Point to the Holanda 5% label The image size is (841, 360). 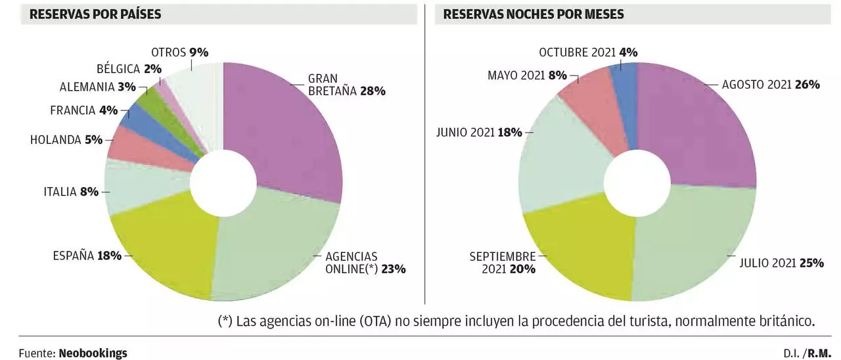66,139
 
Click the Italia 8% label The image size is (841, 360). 71,192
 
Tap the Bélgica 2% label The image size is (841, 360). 129,68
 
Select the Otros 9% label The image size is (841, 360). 179,52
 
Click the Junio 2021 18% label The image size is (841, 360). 479,133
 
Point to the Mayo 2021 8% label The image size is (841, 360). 527,75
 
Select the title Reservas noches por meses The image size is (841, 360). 534,14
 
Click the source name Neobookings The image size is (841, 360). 93,353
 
